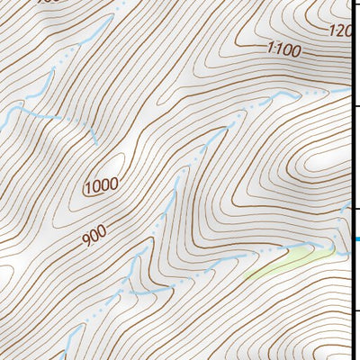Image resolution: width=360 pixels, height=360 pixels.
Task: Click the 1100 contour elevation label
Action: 283,49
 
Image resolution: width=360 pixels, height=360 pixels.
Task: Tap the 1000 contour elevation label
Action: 101,186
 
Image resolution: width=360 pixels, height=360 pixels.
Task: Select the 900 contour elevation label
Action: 93,236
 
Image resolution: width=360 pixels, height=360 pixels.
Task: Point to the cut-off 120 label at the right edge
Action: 338,31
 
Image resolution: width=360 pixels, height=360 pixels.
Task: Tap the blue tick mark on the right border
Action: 356,239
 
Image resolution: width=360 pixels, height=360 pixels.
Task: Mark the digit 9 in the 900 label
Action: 85,240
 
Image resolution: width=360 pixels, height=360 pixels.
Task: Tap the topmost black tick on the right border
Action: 356,107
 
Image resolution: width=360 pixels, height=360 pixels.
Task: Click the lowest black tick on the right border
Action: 356,311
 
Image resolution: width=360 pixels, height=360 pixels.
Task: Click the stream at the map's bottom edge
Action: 63,356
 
